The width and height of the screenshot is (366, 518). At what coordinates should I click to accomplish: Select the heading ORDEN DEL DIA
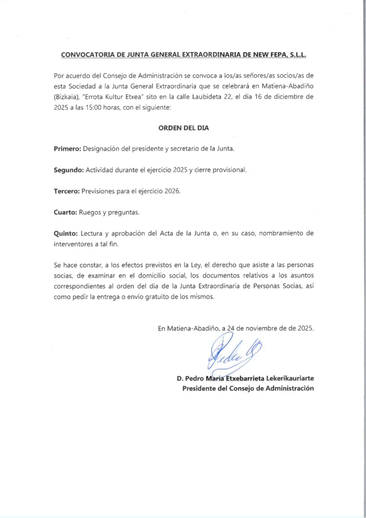pyautogui.click(x=184, y=128)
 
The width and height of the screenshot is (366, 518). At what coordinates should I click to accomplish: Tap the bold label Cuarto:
pyautogui.click(x=65, y=212)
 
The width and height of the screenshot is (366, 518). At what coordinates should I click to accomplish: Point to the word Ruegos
pyautogui.click(x=90, y=212)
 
